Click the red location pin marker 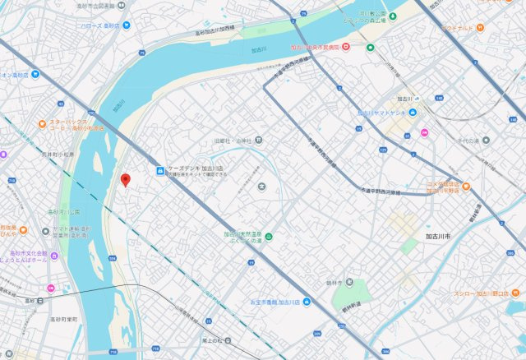pos(125,180)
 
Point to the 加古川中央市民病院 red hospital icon pos(348,47)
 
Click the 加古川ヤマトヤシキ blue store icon pos(413,113)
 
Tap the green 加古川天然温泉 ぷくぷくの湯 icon pos(268,238)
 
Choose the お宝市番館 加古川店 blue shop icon pos(306,302)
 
